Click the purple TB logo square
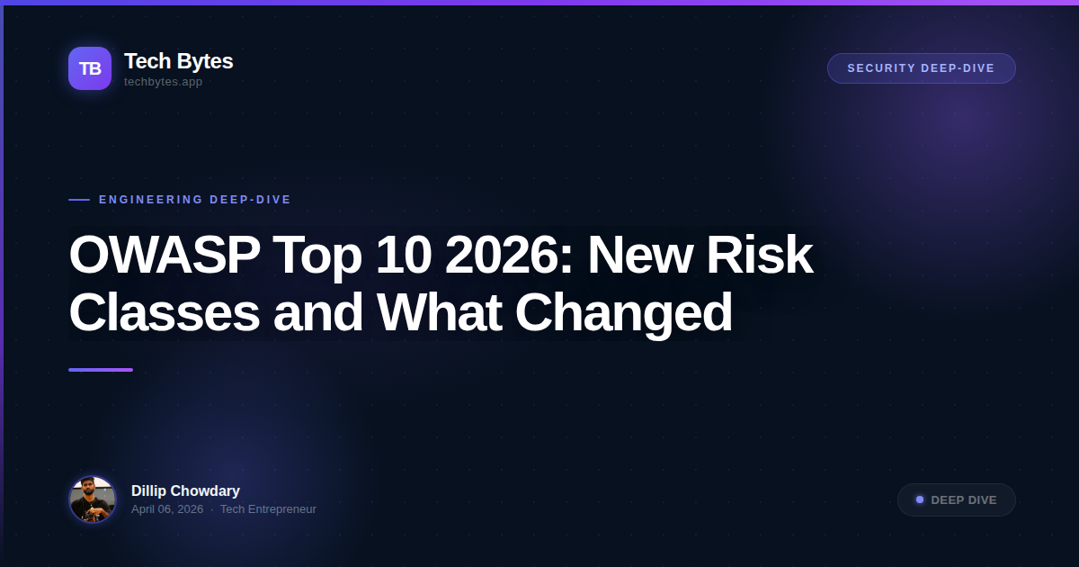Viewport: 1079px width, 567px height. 90,68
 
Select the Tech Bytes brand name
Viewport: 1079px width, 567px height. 178,61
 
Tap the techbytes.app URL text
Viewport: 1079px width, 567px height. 163,82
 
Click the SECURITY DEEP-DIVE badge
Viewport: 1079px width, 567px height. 921,68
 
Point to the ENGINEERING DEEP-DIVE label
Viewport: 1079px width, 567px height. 195,200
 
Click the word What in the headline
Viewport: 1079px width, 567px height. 438,312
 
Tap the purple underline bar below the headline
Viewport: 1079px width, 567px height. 101,370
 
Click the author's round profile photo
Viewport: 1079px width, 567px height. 93,499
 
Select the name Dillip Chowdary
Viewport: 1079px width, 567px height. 185,490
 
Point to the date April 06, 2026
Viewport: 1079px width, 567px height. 167,509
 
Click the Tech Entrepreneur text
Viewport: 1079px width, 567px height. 268,509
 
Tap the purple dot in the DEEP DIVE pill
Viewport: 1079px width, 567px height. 920,499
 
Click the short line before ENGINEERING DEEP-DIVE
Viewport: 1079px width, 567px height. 79,200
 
